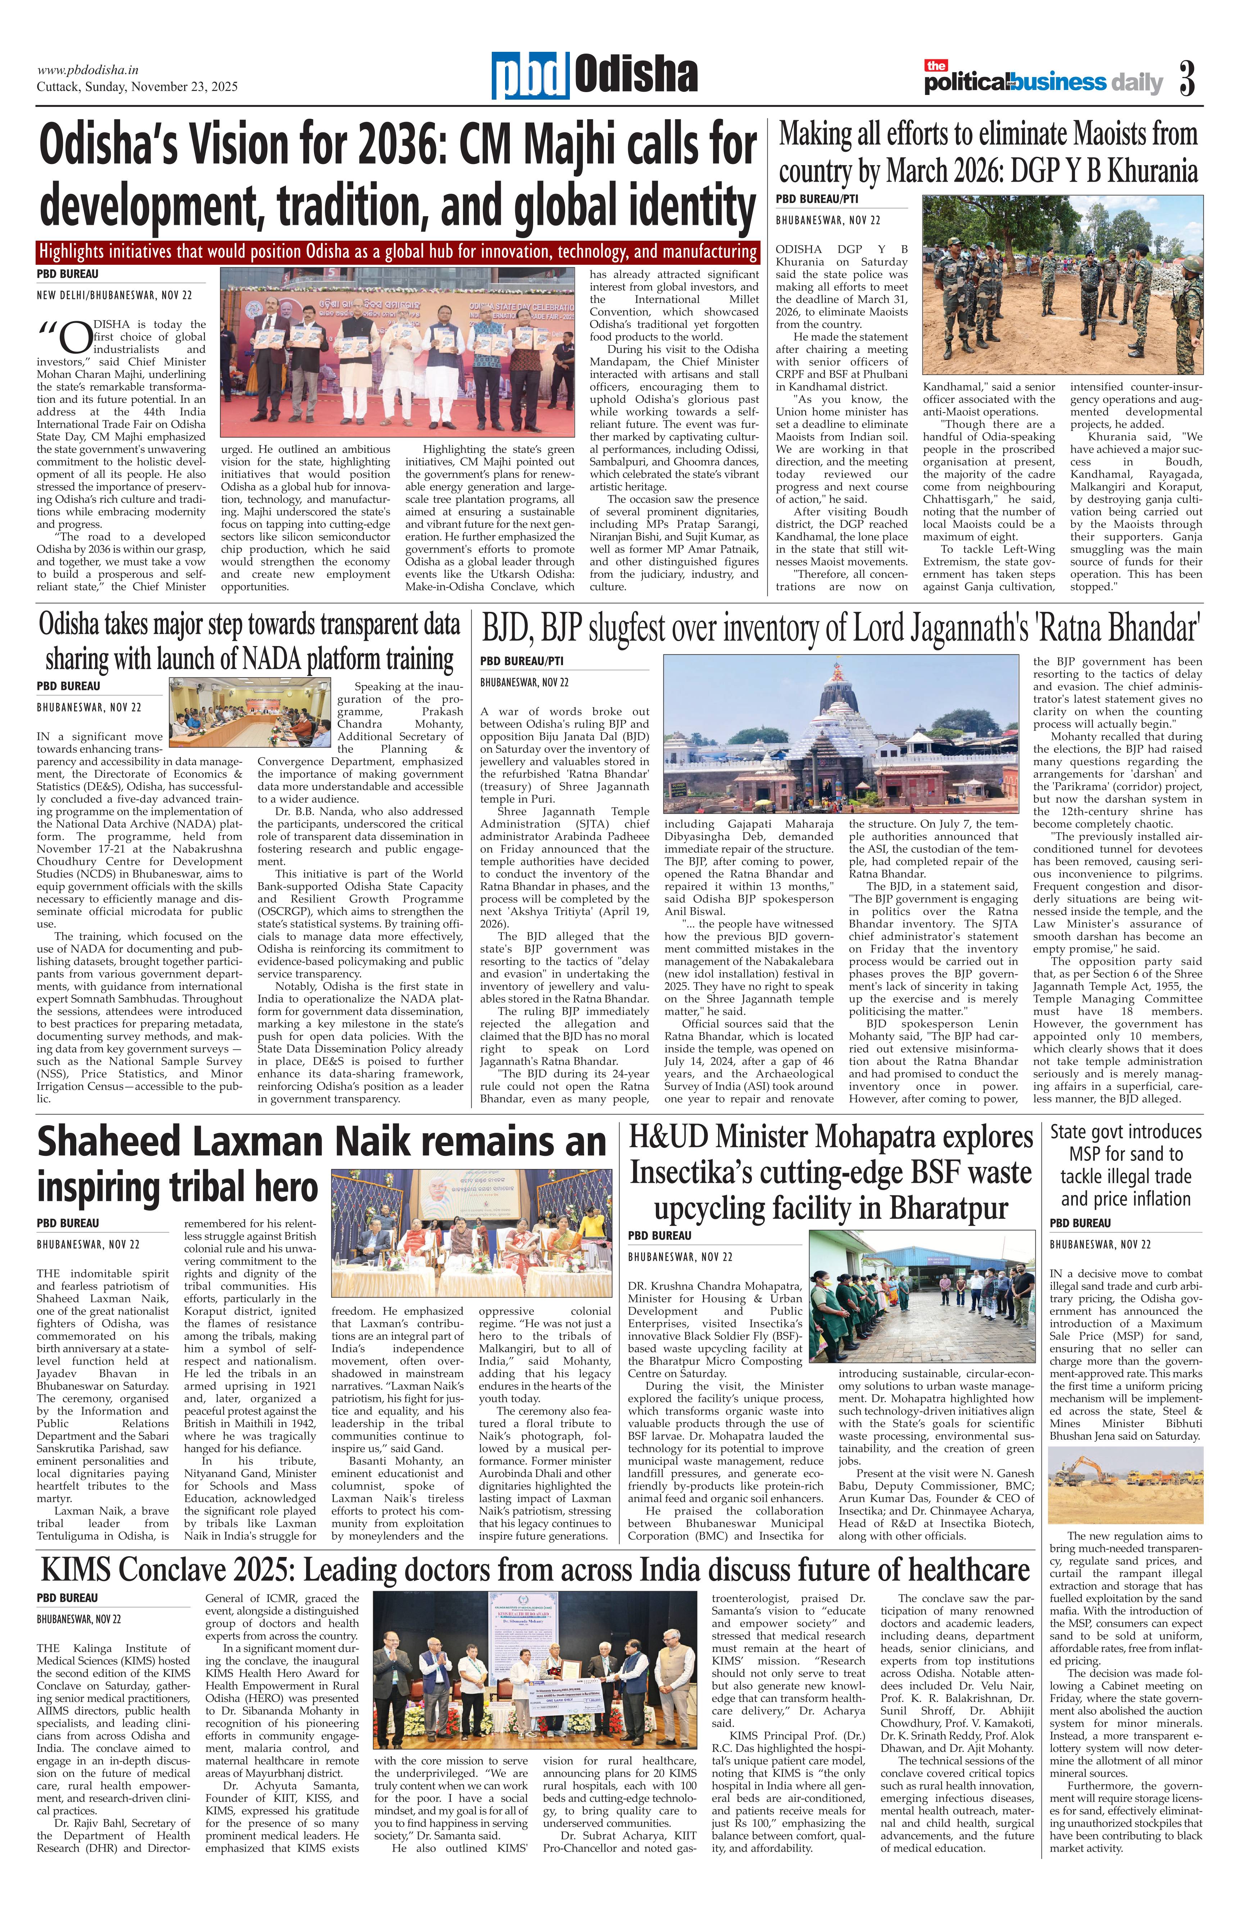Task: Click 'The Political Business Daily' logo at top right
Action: click(x=1042, y=80)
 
